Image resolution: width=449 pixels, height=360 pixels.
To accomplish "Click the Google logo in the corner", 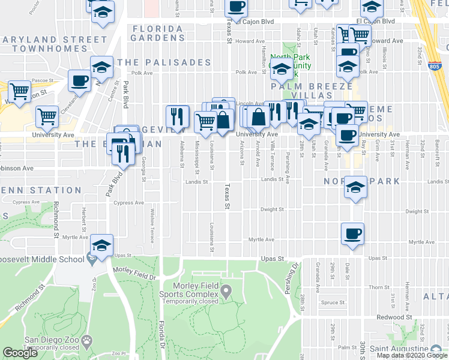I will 20,353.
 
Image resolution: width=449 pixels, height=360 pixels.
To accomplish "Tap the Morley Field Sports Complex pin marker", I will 226,292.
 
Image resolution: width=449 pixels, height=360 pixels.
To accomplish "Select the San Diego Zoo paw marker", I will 88,340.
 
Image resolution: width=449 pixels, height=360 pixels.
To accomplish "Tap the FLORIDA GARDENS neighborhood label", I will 159,33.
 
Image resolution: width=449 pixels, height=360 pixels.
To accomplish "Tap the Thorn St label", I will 380,287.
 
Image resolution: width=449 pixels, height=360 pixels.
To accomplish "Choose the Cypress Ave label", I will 128,203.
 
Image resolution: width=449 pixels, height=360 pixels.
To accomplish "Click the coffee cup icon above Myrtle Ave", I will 352,232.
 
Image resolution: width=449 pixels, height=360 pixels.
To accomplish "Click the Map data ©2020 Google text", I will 412,356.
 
